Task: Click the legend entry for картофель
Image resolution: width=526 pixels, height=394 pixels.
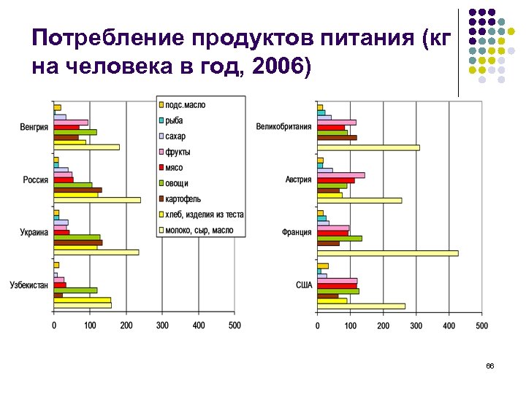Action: [x=183, y=199]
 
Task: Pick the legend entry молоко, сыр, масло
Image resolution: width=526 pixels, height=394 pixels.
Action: [x=198, y=231]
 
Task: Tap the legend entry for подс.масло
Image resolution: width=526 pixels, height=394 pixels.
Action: [x=185, y=105]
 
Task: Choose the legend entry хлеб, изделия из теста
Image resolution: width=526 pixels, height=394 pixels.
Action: [x=204, y=215]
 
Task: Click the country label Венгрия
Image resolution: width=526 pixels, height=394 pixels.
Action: [x=34, y=127]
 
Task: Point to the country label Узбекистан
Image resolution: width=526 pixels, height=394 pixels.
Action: [x=28, y=285]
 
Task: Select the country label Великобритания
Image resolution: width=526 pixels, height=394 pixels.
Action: [x=283, y=127]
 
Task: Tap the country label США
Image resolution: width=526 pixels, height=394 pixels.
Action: [x=303, y=285]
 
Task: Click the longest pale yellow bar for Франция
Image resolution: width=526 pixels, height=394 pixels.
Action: [x=387, y=253]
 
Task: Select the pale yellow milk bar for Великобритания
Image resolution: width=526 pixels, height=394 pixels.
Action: [x=368, y=147]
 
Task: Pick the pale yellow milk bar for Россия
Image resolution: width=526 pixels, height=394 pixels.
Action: [x=97, y=200]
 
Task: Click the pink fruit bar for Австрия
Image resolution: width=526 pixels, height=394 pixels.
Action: [x=340, y=175]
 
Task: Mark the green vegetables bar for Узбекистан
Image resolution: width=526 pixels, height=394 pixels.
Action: [x=75, y=290]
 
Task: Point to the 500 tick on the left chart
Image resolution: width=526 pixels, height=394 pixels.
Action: [x=235, y=325]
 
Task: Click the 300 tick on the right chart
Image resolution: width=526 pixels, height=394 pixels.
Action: [x=416, y=325]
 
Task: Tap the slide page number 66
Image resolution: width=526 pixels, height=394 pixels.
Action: [x=489, y=366]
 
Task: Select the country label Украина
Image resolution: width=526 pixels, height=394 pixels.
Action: [x=34, y=232]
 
